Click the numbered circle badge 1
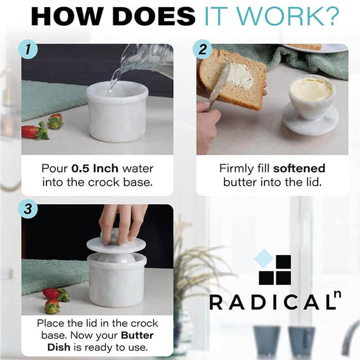[x=28, y=50]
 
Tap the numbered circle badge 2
[x=202, y=50]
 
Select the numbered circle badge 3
[x=28, y=209]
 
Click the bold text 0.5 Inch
[x=95, y=168]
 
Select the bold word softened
[x=299, y=168]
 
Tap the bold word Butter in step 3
[x=137, y=336]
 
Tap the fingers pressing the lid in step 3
[x=122, y=224]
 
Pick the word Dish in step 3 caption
[x=59, y=347]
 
